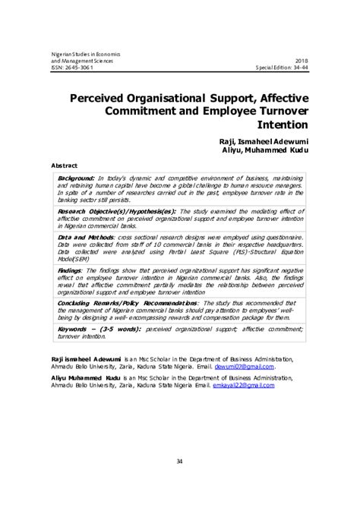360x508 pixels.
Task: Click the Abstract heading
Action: click(65, 165)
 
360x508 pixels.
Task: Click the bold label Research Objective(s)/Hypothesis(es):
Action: click(114, 210)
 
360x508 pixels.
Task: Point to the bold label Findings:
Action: click(71, 269)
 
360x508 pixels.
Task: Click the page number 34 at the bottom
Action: click(180, 462)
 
